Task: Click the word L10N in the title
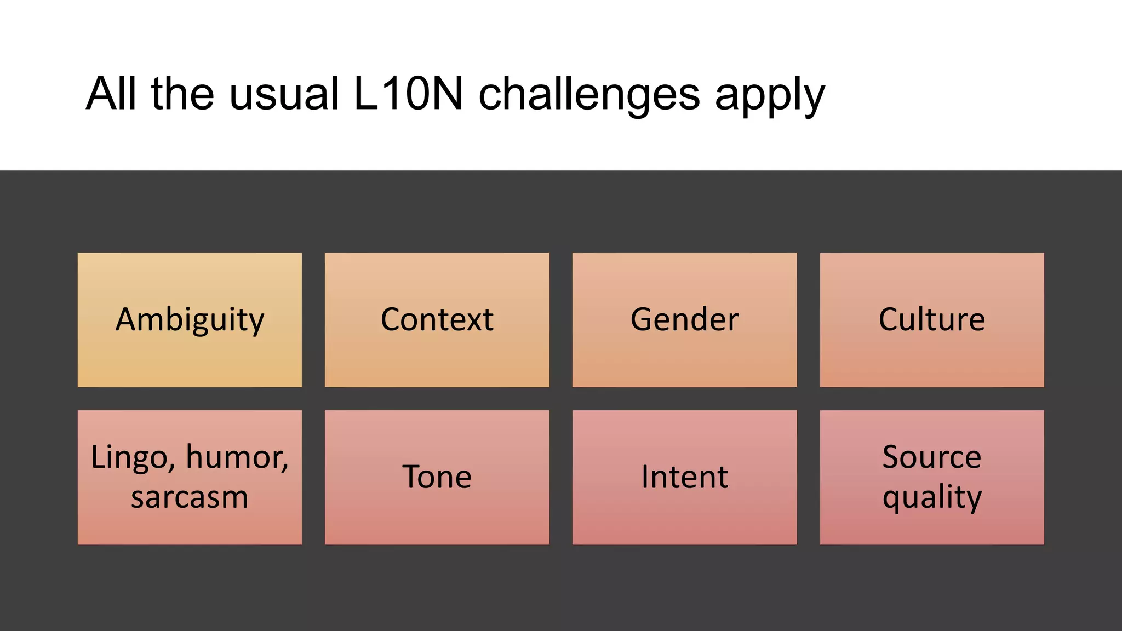click(408, 94)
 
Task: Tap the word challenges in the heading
click(589, 94)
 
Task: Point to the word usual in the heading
click(284, 94)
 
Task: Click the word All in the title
click(111, 94)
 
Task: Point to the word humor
click(237, 457)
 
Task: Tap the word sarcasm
click(190, 498)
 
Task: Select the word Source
click(931, 457)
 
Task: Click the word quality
click(931, 498)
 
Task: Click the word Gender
click(684, 319)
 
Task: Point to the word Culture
click(931, 319)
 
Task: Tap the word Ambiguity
click(190, 320)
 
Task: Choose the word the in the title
click(182, 94)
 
